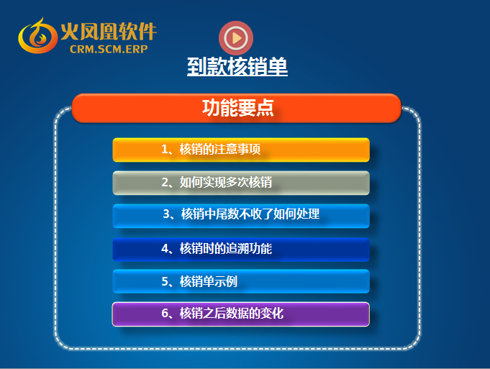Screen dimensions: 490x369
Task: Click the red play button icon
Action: pyautogui.click(x=236, y=38)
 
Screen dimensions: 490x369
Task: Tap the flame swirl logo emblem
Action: pyautogui.click(x=37, y=36)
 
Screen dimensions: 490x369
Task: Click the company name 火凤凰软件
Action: pyautogui.click(x=109, y=31)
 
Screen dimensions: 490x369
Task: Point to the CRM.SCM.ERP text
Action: pyautogui.click(x=109, y=49)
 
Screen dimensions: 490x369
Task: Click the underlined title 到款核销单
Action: pyautogui.click(x=237, y=66)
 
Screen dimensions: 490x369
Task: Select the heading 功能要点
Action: pyautogui.click(x=238, y=108)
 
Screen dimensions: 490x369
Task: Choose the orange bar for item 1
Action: pyautogui.click(x=241, y=150)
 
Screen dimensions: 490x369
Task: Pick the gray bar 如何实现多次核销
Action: pyautogui.click(x=241, y=183)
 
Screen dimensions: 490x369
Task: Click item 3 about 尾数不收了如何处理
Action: pyautogui.click(x=241, y=216)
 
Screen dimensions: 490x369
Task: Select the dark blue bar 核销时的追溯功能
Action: pyautogui.click(x=241, y=250)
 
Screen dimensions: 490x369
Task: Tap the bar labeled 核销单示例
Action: pyautogui.click(x=241, y=281)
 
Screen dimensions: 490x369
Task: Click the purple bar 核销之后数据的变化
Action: pyautogui.click(x=241, y=314)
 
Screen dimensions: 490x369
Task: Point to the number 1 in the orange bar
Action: pyautogui.click(x=165, y=150)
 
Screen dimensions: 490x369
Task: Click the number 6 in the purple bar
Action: pyautogui.click(x=165, y=313)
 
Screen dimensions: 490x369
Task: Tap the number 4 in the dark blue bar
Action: pyautogui.click(x=165, y=248)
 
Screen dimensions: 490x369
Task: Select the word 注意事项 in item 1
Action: pyautogui.click(x=237, y=150)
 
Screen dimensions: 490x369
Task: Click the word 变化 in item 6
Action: pyautogui.click(x=272, y=313)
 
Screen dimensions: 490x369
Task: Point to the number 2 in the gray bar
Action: pyautogui.click(x=165, y=182)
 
